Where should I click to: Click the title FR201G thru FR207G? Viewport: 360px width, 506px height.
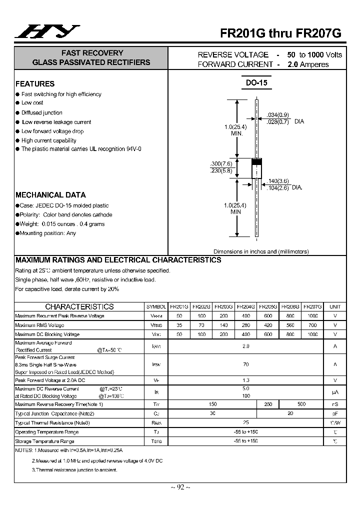pyautogui.click(x=281, y=33)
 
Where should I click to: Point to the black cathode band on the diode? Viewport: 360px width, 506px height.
pyautogui.click(x=256, y=162)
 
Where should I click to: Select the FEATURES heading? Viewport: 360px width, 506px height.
pyautogui.click(x=35, y=84)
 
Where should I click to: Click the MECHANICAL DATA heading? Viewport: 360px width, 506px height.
pyautogui.click(x=50, y=195)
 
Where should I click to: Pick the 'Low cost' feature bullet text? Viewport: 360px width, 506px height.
pyautogui.click(x=32, y=103)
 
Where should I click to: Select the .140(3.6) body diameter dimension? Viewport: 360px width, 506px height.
pyautogui.click(x=277, y=181)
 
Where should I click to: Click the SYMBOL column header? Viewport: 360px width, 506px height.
pyautogui.click(x=156, y=306)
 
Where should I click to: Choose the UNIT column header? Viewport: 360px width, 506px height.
pyautogui.click(x=335, y=306)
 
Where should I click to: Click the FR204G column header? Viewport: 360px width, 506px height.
pyautogui.click(x=245, y=306)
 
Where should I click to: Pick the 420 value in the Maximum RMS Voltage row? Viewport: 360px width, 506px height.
pyautogui.click(x=267, y=325)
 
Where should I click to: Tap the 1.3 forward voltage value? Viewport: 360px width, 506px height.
pyautogui.click(x=245, y=380)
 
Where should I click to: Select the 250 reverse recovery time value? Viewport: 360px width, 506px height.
pyautogui.click(x=267, y=404)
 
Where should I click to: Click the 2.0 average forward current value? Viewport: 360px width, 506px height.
pyautogui.click(x=245, y=346)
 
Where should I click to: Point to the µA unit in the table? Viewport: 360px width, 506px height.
pyautogui.click(x=335, y=392)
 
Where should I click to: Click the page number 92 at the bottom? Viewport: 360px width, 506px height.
pyautogui.click(x=179, y=487)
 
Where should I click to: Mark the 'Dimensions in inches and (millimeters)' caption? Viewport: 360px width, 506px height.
pyautogui.click(x=261, y=251)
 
